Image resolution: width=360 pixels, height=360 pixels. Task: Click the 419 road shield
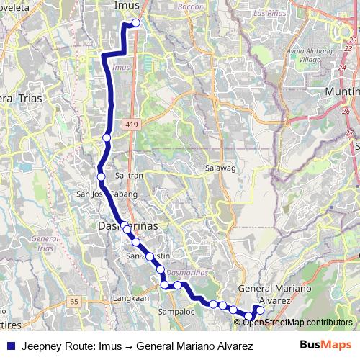coord(132,125)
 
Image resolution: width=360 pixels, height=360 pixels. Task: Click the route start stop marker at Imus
coord(135,22)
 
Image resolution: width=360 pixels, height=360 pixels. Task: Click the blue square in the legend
coord(10,346)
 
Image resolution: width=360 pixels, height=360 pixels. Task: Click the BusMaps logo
coord(328,346)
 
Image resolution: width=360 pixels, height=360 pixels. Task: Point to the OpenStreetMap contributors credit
coord(297,322)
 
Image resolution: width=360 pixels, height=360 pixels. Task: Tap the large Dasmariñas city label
coord(127,225)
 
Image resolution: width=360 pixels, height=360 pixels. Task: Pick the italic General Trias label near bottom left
coord(45,243)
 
